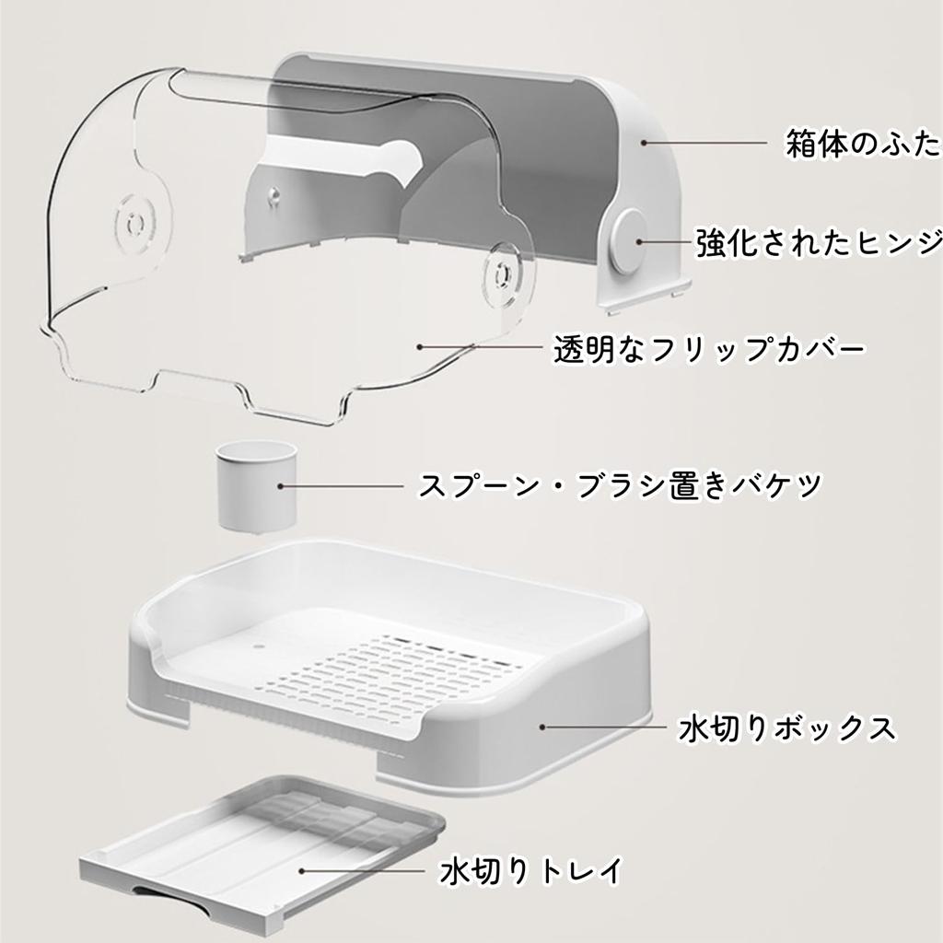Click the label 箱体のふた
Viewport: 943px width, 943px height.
coord(864,145)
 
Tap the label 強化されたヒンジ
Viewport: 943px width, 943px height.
coord(819,243)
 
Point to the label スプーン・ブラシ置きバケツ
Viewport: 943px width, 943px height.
coord(620,484)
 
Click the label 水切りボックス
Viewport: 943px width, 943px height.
coord(787,728)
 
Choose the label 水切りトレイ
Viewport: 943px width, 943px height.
coord(531,871)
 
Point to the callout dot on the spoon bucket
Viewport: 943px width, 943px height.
coord(280,486)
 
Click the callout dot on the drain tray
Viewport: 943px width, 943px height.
coord(302,871)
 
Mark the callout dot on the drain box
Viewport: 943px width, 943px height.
coord(542,728)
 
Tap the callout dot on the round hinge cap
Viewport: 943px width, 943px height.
coord(639,242)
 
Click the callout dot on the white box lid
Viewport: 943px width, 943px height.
coord(643,143)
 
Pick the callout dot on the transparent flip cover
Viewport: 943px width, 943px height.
coord(420,347)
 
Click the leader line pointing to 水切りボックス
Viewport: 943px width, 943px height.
coord(604,728)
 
